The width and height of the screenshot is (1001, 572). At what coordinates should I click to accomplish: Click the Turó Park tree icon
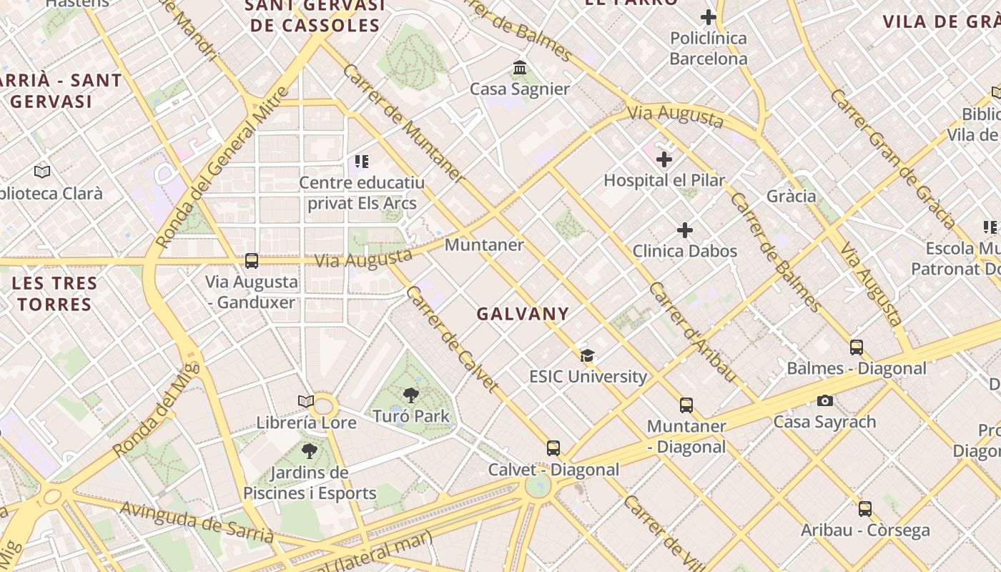410,395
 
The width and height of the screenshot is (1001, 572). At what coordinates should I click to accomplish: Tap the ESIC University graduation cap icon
587,355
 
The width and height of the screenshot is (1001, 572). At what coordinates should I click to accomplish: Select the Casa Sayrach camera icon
824,400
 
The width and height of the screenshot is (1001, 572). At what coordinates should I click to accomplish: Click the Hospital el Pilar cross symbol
664,159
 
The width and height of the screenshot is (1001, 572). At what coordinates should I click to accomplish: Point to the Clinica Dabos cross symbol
685,230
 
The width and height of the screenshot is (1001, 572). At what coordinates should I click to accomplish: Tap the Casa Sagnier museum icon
520,68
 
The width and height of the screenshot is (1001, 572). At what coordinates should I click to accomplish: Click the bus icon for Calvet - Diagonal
553,448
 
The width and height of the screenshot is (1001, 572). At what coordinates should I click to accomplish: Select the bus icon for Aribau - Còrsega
865,509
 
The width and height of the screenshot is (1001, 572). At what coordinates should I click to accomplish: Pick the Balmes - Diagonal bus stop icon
857,347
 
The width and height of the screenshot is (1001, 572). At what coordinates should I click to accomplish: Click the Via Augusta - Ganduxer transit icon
251,261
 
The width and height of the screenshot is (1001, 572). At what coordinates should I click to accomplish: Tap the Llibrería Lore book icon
306,402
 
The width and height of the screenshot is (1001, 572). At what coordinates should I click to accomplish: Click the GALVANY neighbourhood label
523,314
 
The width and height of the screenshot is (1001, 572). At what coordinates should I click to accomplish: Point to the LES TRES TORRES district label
55,294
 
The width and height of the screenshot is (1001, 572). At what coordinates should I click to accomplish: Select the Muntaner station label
484,245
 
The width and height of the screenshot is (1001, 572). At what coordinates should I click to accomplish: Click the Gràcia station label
791,196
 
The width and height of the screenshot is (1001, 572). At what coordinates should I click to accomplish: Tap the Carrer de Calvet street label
451,339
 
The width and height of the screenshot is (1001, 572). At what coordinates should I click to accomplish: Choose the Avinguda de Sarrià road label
197,521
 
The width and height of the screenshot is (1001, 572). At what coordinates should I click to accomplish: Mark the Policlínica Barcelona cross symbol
709,17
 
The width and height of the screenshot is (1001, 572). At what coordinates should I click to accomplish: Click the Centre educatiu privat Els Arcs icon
362,162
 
